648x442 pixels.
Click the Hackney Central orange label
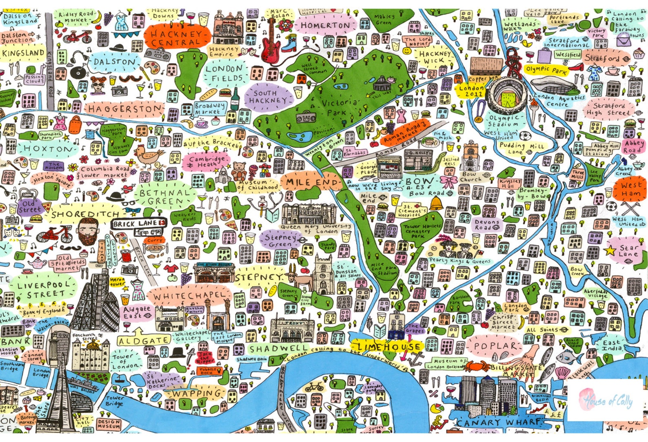(x=176, y=38)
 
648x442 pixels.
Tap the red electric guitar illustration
(x=269, y=45)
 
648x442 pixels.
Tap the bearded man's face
(x=88, y=231)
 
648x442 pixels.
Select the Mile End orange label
(x=312, y=182)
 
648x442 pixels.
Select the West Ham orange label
(x=630, y=190)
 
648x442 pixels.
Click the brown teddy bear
(x=239, y=171)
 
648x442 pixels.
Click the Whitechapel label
(x=189, y=295)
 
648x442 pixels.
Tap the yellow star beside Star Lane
(x=610, y=250)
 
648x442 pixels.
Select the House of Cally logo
(x=606, y=400)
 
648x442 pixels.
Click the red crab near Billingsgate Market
(x=476, y=366)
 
